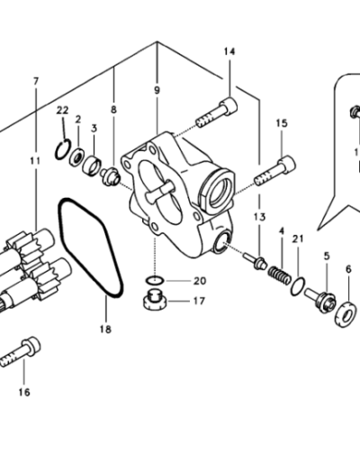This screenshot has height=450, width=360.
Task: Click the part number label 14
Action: [229, 52]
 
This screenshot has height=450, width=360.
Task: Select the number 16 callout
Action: [23, 391]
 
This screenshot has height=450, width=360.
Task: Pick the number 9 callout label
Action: [157, 91]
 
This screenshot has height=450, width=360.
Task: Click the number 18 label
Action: [105, 329]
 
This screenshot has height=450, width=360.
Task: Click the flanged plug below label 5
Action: [321, 295]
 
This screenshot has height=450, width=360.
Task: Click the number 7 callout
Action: [36, 82]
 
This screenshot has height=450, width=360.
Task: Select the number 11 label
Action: [36, 160]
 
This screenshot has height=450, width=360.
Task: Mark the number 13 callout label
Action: [259, 217]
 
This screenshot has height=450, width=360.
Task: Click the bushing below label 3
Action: [91, 165]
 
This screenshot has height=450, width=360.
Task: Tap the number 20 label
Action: [199, 281]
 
